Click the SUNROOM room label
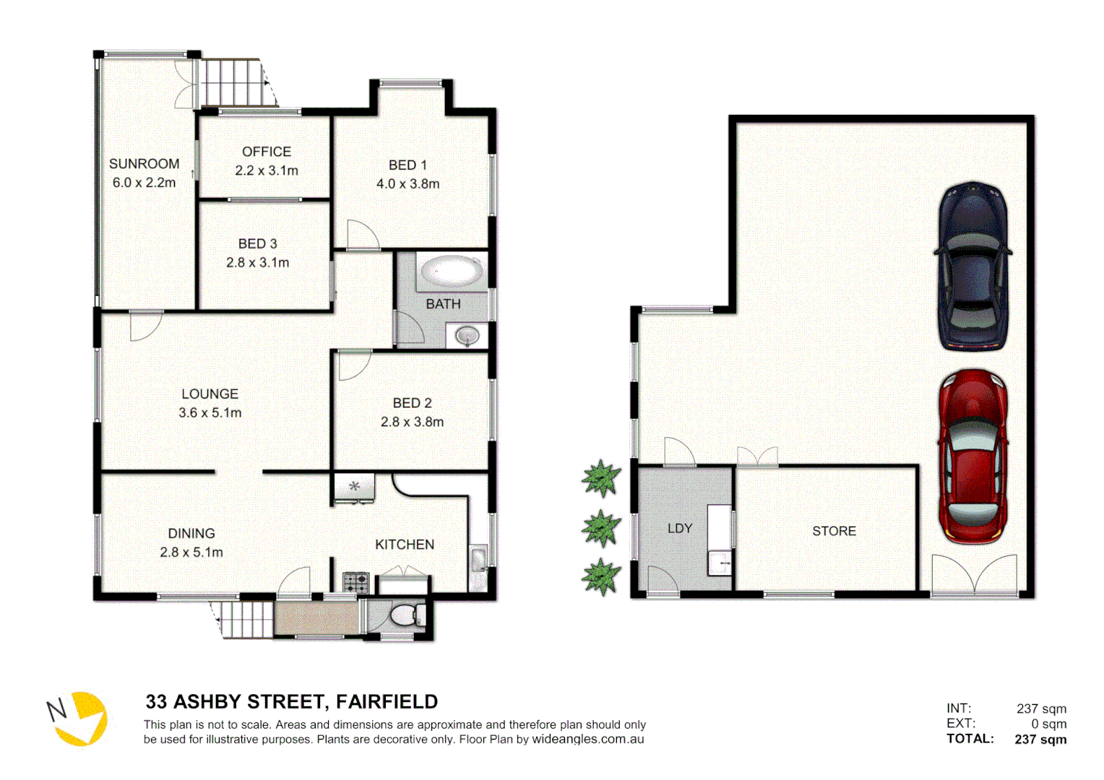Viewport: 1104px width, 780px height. click(144, 164)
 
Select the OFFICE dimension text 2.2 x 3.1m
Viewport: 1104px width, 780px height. click(266, 171)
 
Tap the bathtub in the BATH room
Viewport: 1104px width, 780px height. click(452, 272)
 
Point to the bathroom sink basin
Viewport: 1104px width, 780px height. click(467, 336)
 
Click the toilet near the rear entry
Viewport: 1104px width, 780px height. click(405, 616)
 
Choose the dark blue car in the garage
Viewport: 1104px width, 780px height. click(973, 266)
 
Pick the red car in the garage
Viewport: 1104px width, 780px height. click(973, 456)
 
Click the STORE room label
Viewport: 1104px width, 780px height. click(834, 531)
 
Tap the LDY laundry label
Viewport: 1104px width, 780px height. click(679, 529)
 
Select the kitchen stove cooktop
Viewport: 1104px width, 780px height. click(355, 582)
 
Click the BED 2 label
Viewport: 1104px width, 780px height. click(412, 403)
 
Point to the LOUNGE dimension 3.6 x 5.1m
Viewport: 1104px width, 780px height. click(210, 413)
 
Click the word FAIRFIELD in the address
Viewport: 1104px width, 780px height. click(387, 702)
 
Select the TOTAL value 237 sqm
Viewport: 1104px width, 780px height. click(1040, 739)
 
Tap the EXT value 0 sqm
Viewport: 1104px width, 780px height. click(1048, 724)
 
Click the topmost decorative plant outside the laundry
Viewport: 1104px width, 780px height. click(601, 478)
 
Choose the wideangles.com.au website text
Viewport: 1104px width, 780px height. click(587, 740)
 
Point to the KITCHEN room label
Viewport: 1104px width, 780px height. click(404, 545)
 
